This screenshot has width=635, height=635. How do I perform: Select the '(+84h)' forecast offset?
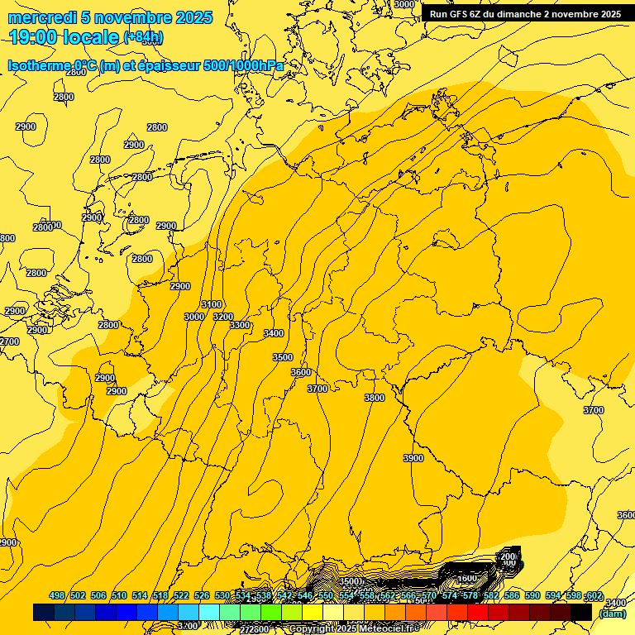[143, 37]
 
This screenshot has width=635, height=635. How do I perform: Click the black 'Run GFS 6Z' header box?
[526, 14]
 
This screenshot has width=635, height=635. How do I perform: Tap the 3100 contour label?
[212, 304]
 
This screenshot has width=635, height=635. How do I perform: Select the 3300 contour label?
[240, 325]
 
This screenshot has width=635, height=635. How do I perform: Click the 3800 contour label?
[375, 398]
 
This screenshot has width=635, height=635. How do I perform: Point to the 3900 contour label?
[413, 458]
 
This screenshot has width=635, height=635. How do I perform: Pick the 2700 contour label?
[9, 341]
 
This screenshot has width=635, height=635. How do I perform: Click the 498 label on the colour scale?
[57, 596]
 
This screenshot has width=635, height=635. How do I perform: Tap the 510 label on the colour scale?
[119, 596]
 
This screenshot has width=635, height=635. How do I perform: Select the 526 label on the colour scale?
[202, 596]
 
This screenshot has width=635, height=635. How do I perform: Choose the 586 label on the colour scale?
[512, 596]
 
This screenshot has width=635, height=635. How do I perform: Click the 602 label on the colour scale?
[594, 596]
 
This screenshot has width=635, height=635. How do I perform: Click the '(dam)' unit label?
[613, 613]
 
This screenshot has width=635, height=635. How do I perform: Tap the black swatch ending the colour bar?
[581, 613]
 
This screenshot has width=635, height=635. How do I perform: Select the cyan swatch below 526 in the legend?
[209, 613]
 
